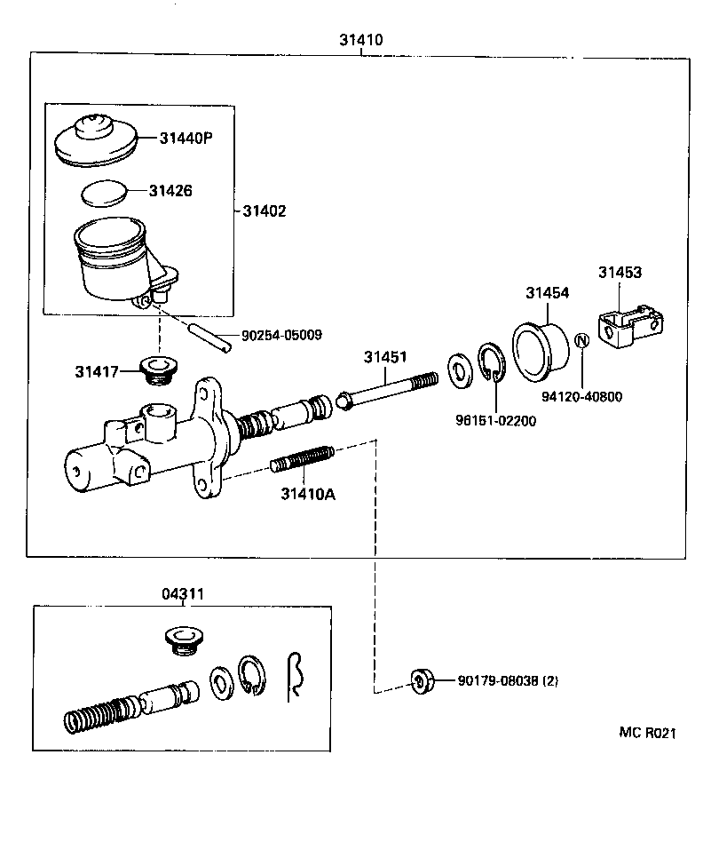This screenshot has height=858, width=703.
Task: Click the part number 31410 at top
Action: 360,40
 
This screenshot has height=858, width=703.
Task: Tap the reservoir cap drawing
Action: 97,139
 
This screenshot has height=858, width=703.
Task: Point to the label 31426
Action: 170,190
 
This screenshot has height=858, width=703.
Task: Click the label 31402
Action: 265,211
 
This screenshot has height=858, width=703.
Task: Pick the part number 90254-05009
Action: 281,336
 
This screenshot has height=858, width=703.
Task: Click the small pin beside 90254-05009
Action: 211,338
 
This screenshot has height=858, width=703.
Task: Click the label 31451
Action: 384,357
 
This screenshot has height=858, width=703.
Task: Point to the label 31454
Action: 547,292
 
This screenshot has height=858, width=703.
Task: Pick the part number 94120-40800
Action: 582,396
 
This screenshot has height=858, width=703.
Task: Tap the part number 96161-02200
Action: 496,421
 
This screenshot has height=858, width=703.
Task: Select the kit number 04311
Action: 183,592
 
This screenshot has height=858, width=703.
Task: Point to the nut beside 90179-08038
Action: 422,681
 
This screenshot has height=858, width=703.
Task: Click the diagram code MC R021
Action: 648,733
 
